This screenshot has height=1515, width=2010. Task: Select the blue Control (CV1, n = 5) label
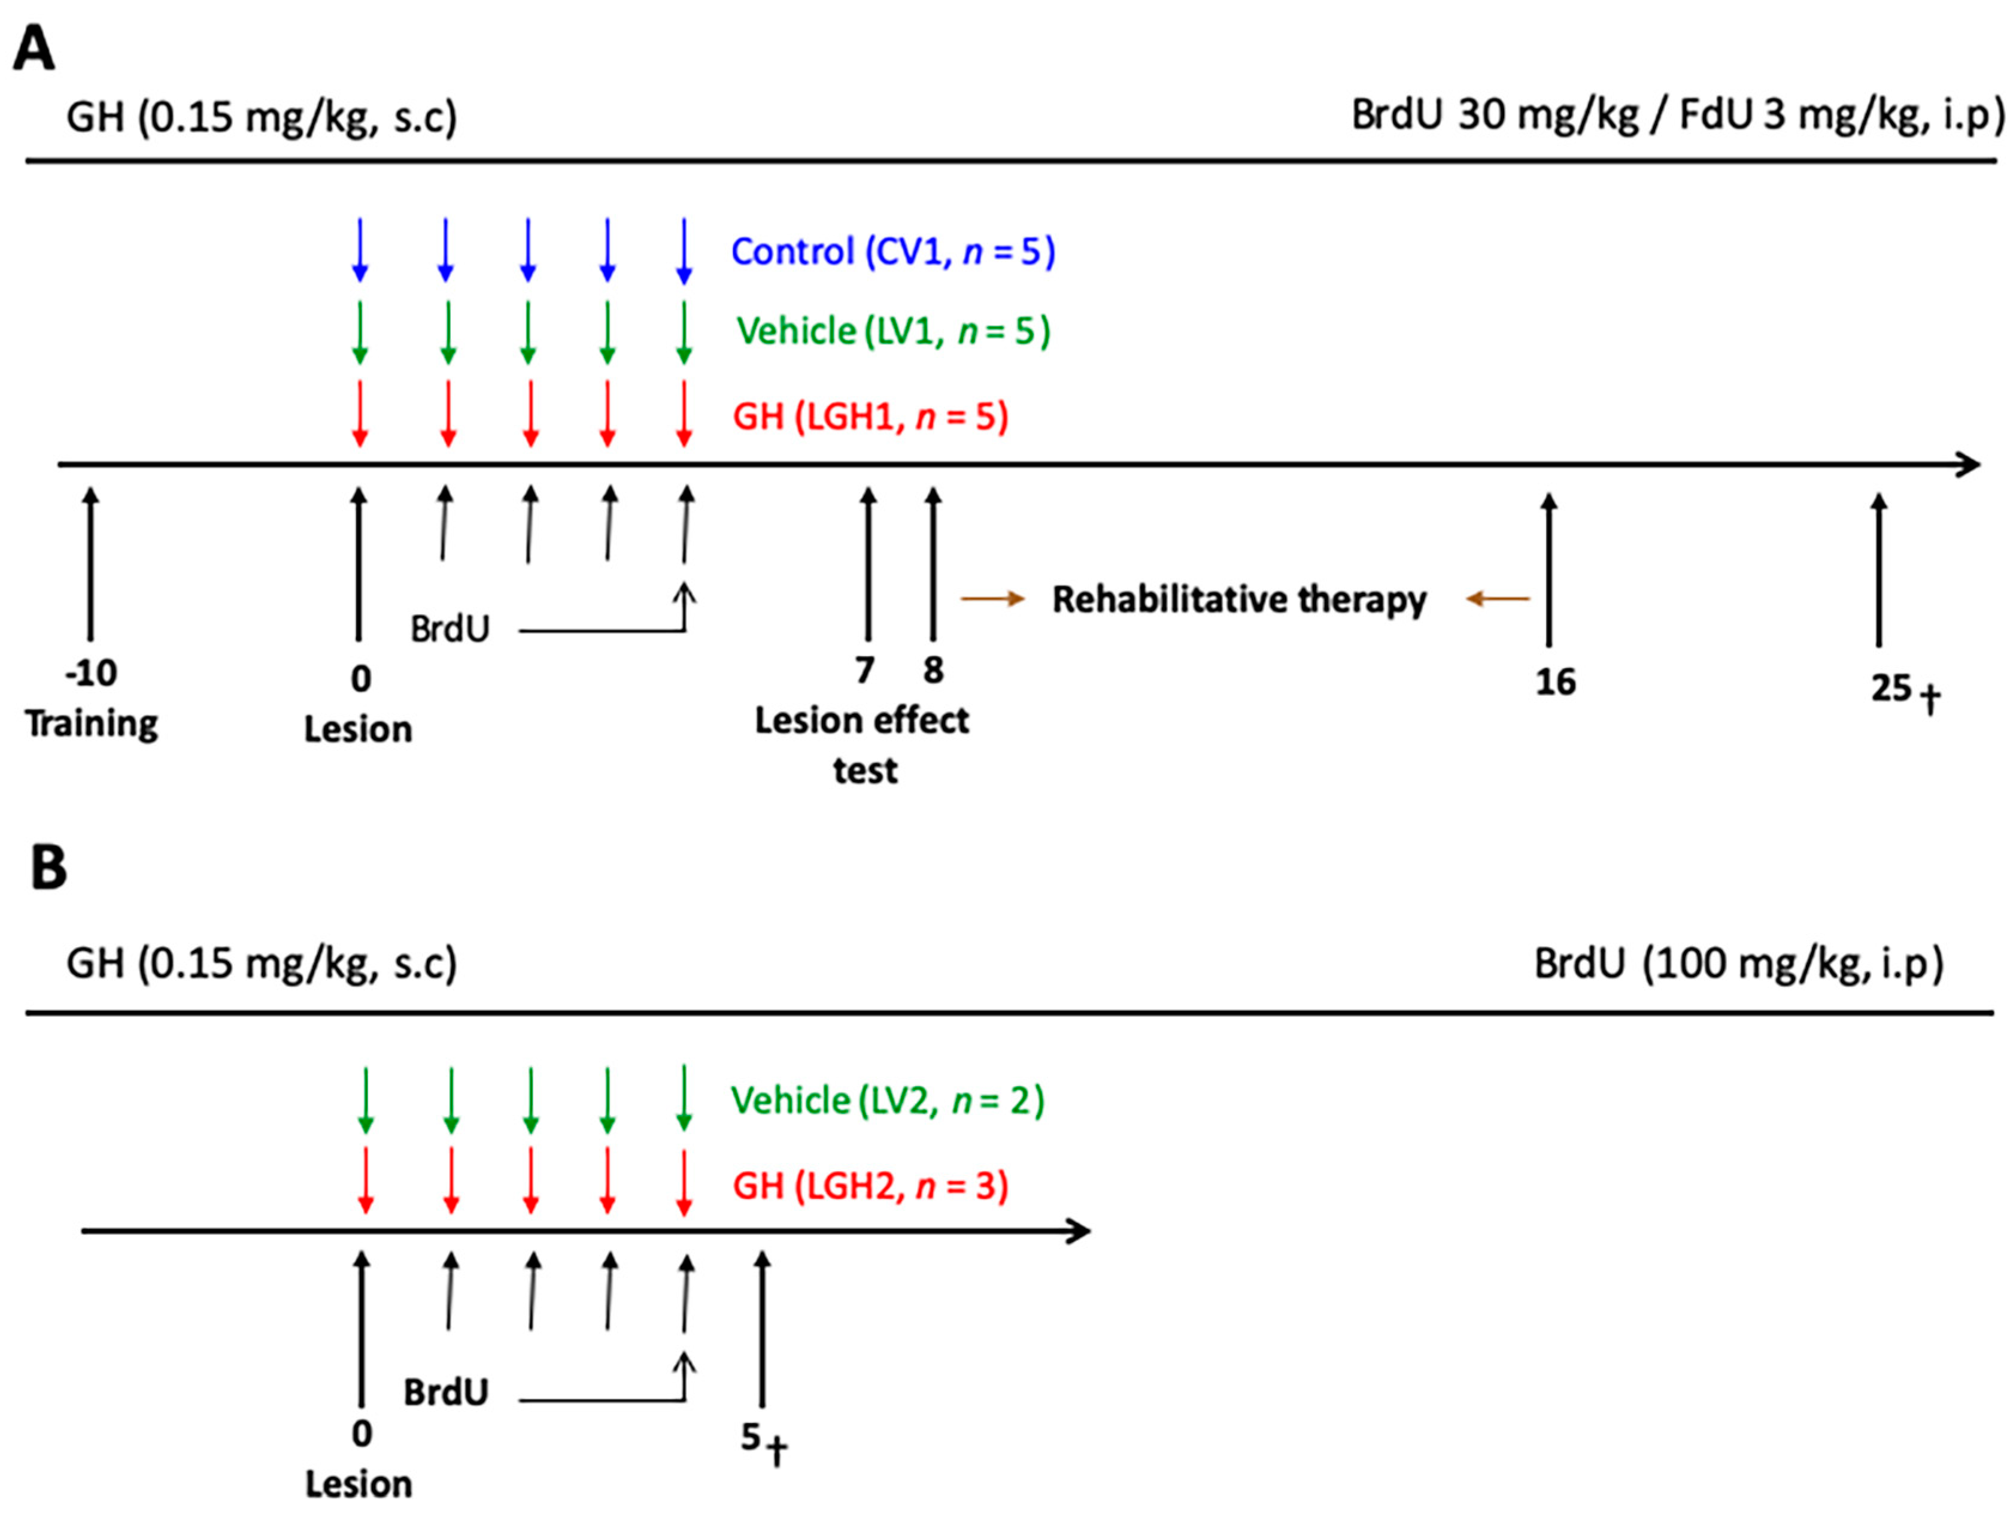[893, 252]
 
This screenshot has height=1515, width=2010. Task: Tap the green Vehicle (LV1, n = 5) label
[893, 331]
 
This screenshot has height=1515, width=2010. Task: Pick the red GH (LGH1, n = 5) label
[870, 416]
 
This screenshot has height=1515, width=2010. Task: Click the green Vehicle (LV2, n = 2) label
[888, 1101]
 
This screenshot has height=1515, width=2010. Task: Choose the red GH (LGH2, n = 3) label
[870, 1186]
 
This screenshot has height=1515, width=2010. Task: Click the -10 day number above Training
[91, 674]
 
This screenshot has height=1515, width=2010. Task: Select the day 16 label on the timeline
[1554, 681]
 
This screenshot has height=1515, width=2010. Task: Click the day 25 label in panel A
[1891, 688]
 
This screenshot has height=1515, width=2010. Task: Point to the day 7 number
[865, 671]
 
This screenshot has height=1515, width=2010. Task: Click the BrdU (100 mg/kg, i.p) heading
[1738, 964]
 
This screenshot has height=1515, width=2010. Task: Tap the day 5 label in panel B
[751, 1437]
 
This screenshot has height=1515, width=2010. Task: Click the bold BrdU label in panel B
[445, 1392]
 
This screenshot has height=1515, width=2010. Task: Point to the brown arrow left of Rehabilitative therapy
[992, 599]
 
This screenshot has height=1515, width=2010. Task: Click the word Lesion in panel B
[358, 1484]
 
